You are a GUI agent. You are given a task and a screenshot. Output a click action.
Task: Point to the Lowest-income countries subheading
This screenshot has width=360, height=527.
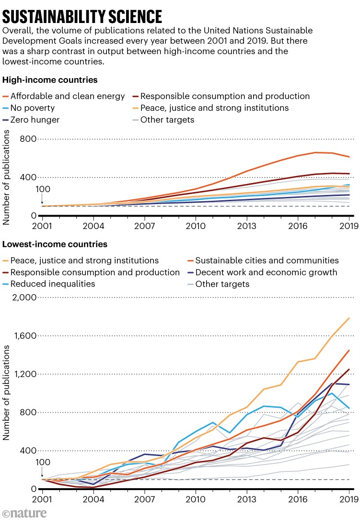click(x=55, y=244)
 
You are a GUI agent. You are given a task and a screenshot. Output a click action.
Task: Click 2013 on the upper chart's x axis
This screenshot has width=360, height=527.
click(x=247, y=226)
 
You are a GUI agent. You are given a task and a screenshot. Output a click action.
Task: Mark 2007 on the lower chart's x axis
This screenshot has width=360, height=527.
click(x=144, y=499)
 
